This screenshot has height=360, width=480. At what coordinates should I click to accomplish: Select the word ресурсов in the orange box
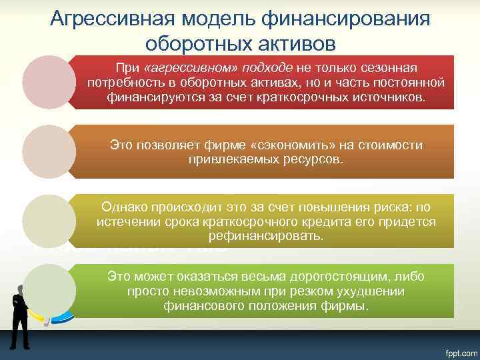[x=313, y=160]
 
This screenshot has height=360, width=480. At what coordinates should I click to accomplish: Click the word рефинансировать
[x=266, y=236]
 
